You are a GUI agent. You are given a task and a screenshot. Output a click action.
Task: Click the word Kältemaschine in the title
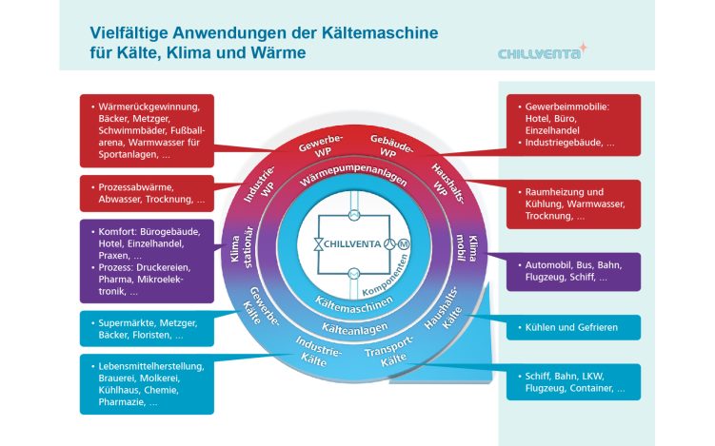pos(383,32)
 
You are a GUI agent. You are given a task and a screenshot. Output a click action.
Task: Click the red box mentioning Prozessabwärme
pos(148,193)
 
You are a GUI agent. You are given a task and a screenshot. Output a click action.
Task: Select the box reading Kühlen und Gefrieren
pos(569,327)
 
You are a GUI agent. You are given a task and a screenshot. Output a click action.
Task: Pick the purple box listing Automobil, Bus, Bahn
pos(569,271)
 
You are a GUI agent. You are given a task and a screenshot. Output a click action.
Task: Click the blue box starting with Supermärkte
pos(148,329)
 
